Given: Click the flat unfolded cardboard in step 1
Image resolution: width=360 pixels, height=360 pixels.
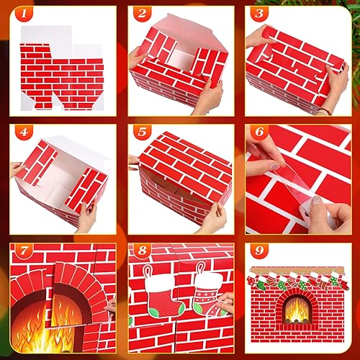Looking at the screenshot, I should [x=61, y=72].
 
